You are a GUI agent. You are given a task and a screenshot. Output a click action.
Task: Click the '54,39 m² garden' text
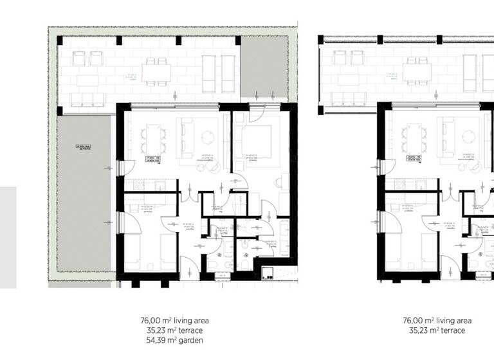(x=174, y=341)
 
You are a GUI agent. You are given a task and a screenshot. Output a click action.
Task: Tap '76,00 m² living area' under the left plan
(x=174, y=320)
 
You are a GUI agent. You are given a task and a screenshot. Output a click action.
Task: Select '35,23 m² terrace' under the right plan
(x=437, y=330)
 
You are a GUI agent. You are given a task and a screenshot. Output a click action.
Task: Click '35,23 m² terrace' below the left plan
(x=174, y=330)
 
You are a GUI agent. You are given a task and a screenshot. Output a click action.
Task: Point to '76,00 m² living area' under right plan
(x=437, y=320)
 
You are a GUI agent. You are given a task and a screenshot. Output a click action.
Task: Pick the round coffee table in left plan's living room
(x=210, y=136)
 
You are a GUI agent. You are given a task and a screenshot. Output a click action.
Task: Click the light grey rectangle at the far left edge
(x=8, y=237)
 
